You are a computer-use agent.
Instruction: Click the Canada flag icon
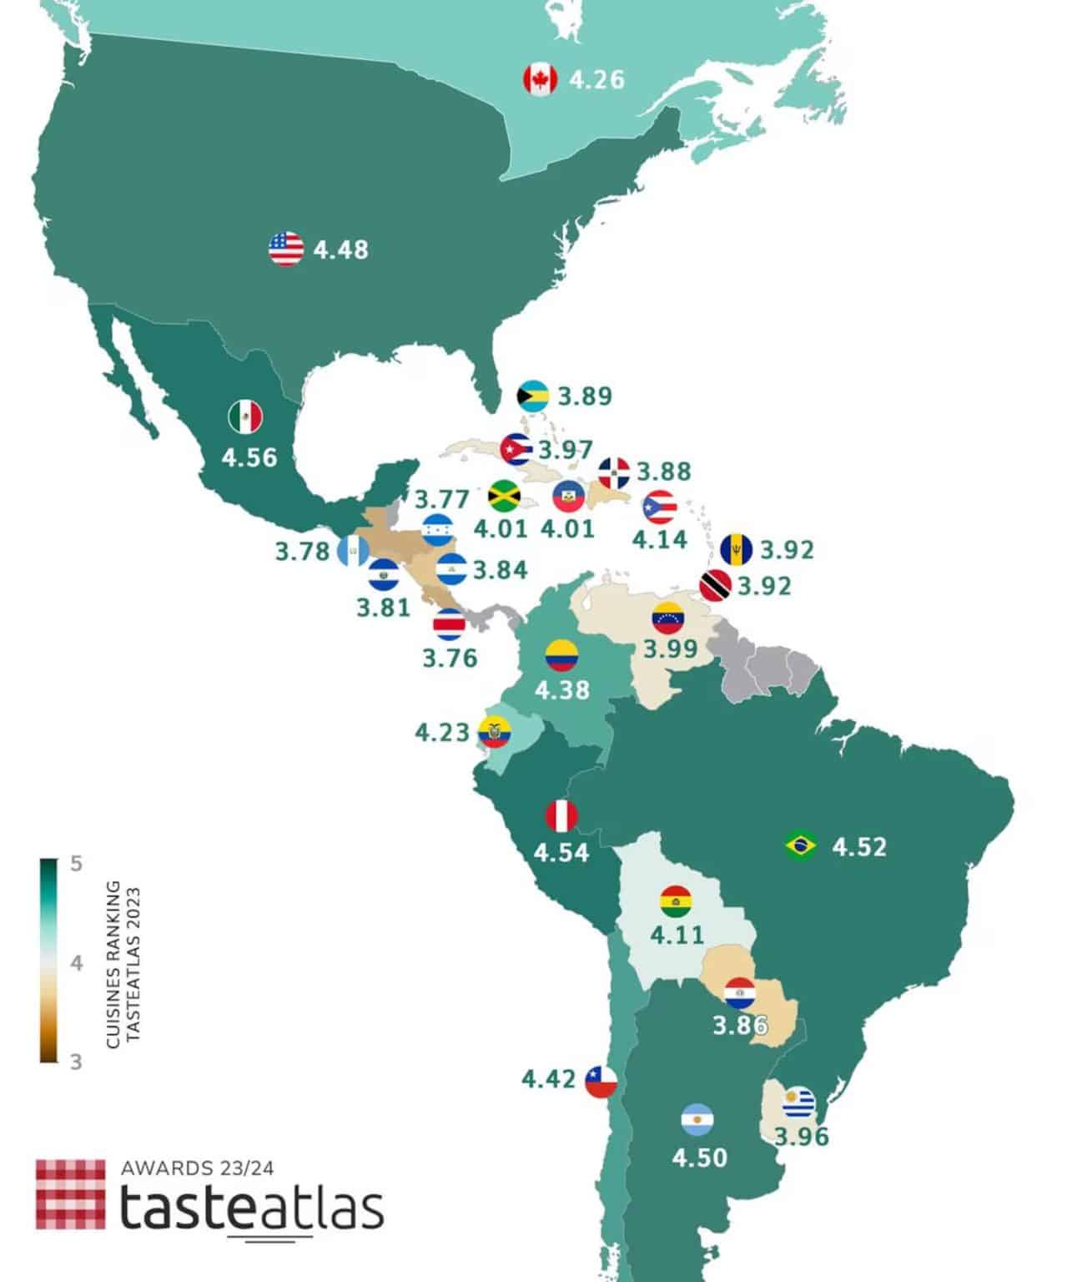coord(540,80)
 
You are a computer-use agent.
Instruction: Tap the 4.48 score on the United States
coord(340,250)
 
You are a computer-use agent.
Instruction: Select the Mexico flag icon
coord(245,417)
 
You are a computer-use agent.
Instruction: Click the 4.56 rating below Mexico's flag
coord(249,457)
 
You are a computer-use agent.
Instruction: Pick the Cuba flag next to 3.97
coord(516,450)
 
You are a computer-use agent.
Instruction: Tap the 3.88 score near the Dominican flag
coord(664,472)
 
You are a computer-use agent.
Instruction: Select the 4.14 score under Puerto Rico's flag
coord(659,539)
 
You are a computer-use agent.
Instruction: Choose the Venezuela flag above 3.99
coord(667,618)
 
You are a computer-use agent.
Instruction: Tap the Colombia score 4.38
coord(561,690)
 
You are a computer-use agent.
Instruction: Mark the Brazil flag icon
coord(801,846)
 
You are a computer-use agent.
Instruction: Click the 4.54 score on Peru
coord(561,853)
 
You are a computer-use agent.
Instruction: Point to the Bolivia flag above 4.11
coord(676,901)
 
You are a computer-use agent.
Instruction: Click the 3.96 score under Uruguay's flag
coord(801,1137)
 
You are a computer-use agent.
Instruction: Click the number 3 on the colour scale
coord(76,1062)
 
